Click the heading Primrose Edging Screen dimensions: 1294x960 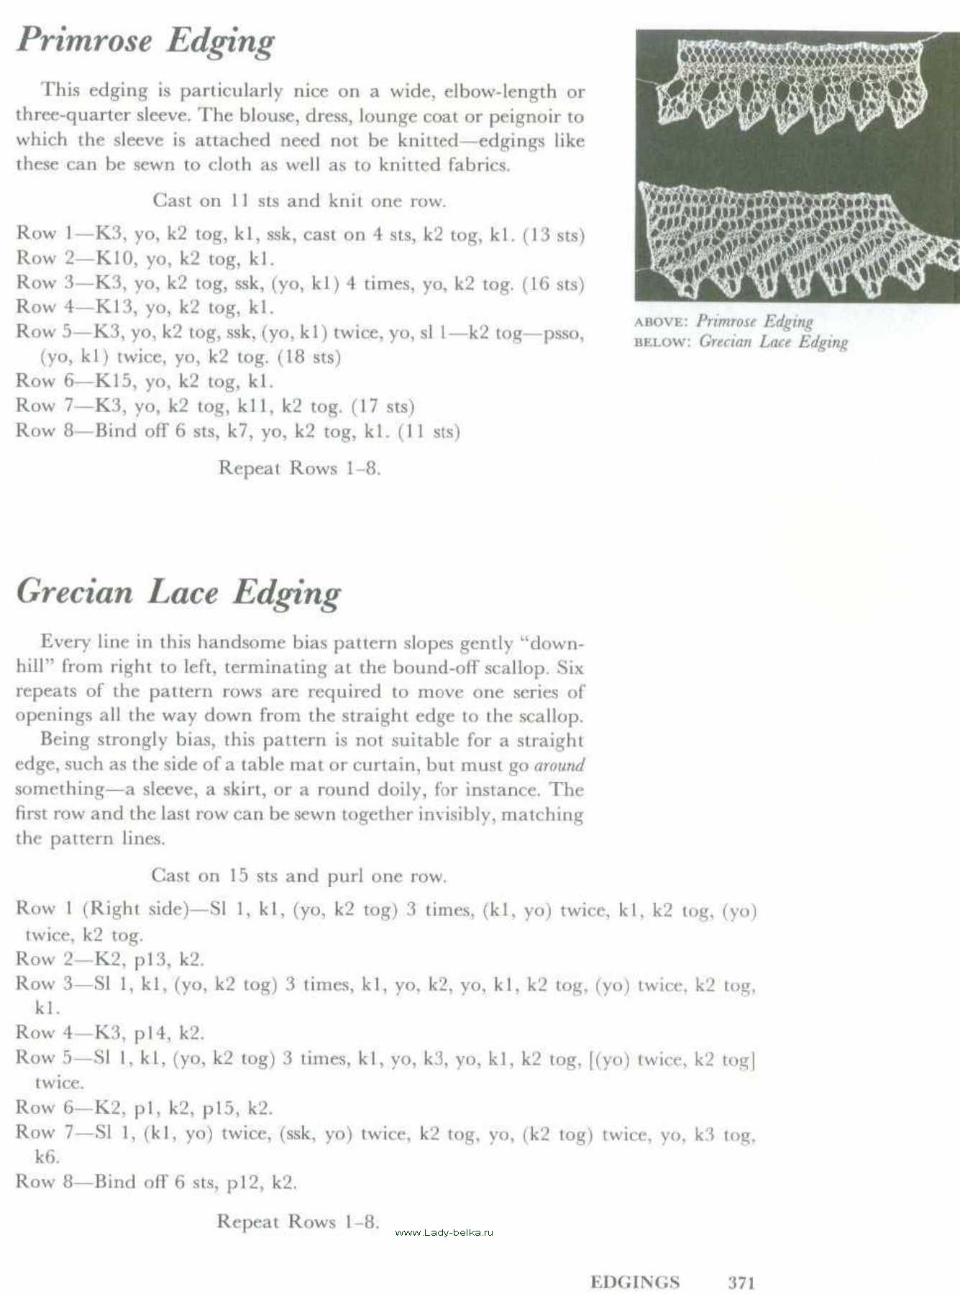(145, 40)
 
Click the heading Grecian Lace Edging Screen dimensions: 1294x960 (178, 592)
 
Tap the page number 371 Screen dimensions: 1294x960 (741, 1282)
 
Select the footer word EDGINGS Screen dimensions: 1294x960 (634, 1282)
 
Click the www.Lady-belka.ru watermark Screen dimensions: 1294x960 (444, 1231)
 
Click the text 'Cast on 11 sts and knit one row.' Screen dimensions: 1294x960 (299, 201)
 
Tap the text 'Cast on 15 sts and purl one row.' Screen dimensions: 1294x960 (298, 876)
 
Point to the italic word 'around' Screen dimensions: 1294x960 (559, 765)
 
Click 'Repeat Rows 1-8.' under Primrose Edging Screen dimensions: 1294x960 (299, 468)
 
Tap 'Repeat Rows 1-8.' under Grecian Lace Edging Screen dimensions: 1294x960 (298, 1221)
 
